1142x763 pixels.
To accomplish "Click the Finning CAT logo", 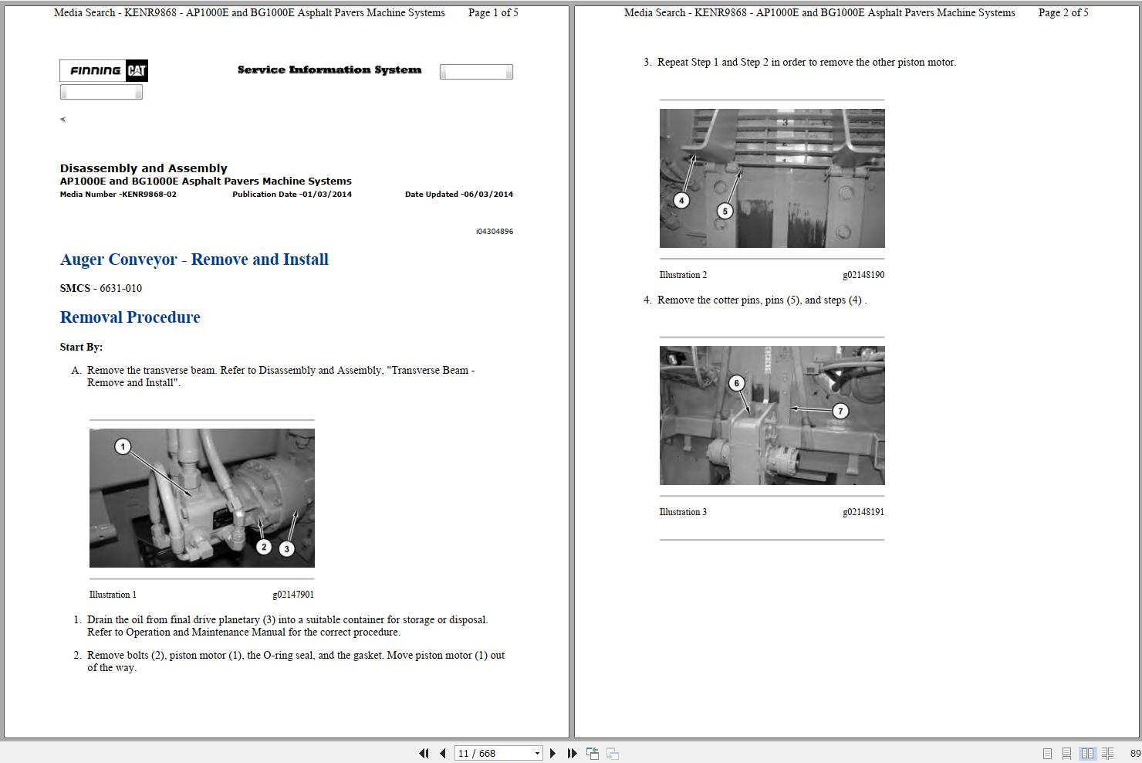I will tap(103, 71).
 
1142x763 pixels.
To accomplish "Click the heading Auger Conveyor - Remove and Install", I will tap(194, 259).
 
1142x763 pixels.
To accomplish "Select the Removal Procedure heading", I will tap(130, 317).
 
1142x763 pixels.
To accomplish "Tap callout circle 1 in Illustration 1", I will tap(123, 446).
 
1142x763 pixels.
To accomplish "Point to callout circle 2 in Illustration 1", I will tap(264, 547).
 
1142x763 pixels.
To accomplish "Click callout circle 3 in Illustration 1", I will tap(287, 549).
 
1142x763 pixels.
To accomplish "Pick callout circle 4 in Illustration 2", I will tap(681, 201).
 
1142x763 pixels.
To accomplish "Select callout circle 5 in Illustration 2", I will tap(725, 211).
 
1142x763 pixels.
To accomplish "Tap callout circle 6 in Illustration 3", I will tap(737, 383).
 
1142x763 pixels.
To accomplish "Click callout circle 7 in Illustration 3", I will tap(840, 411).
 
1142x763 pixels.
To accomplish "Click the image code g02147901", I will tap(293, 595).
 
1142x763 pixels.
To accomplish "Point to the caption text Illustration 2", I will tap(683, 275).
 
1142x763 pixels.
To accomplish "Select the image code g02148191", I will tap(863, 512).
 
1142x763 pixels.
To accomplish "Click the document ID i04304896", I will tap(494, 232).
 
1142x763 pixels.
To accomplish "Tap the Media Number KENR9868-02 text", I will tap(118, 195).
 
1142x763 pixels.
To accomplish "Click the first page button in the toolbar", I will tap(424, 753).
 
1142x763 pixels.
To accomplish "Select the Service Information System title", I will tap(329, 70).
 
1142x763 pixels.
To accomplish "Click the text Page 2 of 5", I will tap(1063, 12).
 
